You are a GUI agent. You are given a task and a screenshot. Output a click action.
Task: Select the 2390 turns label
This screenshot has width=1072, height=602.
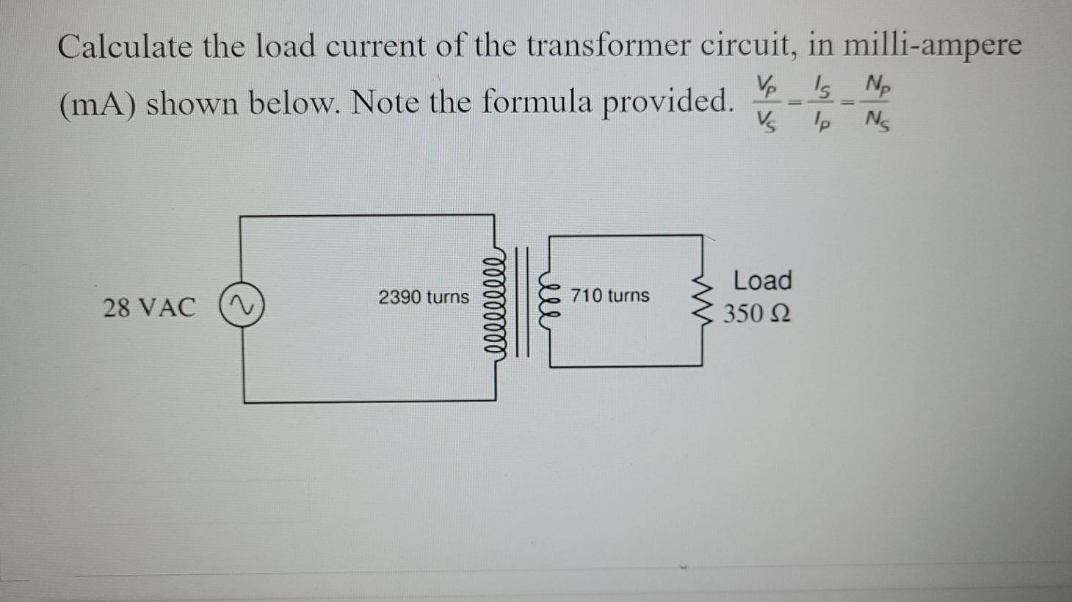(x=424, y=297)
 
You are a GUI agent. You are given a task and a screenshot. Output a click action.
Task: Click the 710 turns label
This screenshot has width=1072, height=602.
(x=610, y=296)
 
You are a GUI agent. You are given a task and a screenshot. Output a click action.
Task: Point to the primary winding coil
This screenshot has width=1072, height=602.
(x=495, y=301)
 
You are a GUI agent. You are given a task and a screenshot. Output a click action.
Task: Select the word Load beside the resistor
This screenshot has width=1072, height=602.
(x=763, y=280)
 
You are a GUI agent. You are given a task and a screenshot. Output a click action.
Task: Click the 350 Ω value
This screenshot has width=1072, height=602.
(x=757, y=314)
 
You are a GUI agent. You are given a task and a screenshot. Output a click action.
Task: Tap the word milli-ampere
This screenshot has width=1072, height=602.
(x=931, y=46)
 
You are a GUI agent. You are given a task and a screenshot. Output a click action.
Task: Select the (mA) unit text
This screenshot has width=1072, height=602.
(x=96, y=105)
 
